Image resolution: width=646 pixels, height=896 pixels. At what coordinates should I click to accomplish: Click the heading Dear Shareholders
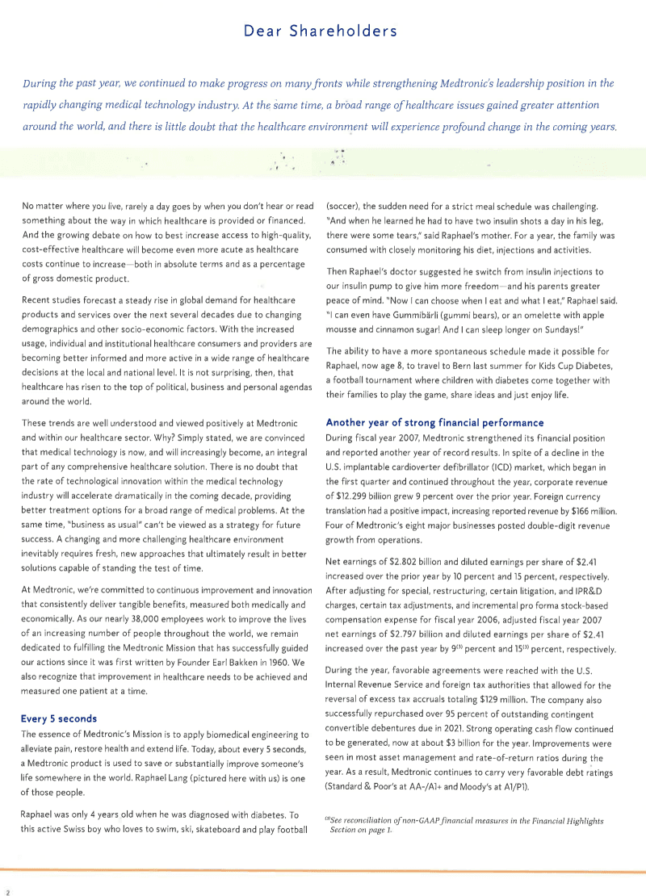[321, 31]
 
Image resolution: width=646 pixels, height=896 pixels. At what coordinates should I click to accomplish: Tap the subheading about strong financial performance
[434, 422]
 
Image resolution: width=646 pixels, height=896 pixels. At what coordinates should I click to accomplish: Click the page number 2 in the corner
[7, 892]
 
